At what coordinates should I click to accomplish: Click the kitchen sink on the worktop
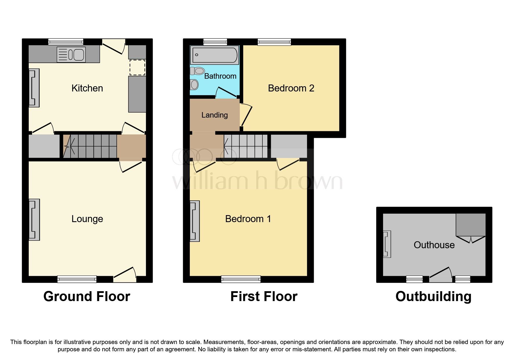(71, 54)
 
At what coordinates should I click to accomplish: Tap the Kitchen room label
(87, 88)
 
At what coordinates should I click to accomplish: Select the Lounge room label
(87, 219)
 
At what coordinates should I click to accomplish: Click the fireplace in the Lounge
(34, 220)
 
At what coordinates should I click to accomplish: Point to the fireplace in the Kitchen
(34, 88)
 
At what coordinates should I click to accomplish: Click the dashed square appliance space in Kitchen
(137, 67)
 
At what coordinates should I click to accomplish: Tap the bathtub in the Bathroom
(214, 55)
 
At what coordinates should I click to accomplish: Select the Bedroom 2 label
(291, 88)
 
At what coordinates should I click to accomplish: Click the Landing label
(214, 115)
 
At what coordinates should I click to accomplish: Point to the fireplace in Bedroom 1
(194, 221)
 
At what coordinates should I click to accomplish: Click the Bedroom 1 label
(248, 219)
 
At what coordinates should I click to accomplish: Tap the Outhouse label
(434, 245)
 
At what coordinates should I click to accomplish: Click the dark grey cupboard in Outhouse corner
(470, 225)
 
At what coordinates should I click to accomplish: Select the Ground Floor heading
(86, 296)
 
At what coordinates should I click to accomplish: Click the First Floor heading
(264, 296)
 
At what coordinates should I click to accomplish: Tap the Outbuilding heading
(433, 296)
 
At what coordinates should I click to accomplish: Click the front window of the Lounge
(77, 279)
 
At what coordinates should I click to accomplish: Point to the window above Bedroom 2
(274, 42)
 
